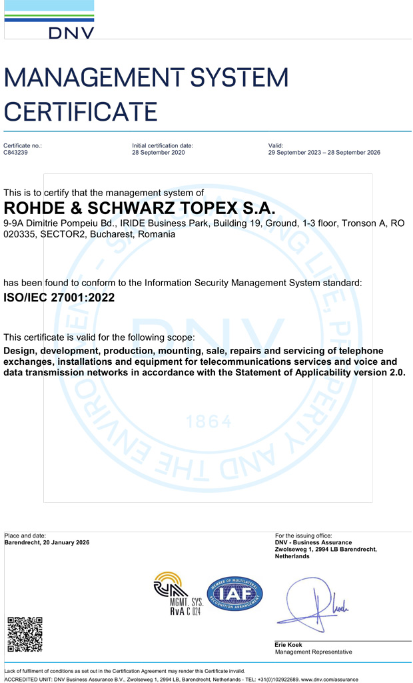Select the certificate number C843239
(16, 153)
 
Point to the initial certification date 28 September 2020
(159, 153)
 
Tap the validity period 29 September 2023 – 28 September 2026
(324, 153)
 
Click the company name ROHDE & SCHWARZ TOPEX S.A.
(139, 208)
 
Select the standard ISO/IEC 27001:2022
(50, 298)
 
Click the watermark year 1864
(209, 422)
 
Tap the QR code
(25, 634)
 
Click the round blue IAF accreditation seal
(234, 594)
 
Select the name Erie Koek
(288, 645)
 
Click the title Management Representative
(313, 652)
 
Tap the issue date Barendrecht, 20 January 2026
(47, 543)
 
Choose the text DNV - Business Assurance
(313, 543)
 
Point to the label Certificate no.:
(23, 145)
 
